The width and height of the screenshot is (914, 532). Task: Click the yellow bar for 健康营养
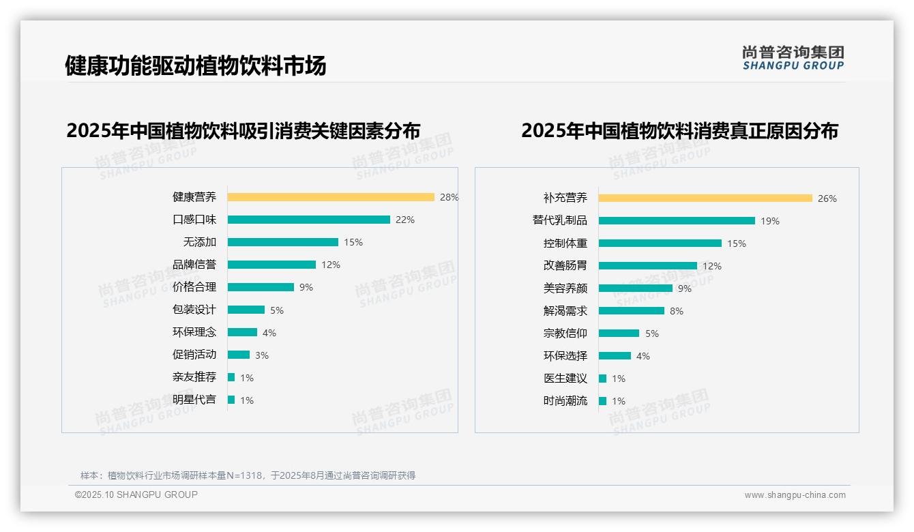pos(331,197)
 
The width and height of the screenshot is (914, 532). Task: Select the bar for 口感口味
pos(308,220)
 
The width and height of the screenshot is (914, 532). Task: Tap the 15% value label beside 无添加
pos(353,242)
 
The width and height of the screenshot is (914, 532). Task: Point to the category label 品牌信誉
pos(194,265)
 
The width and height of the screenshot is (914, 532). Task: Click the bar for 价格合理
pos(261,287)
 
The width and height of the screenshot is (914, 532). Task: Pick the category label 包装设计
pos(194,310)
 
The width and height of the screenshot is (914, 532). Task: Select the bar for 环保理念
pos(242,332)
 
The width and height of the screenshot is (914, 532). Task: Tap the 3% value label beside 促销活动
pos(262,355)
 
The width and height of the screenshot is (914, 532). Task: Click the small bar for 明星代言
pos(231,400)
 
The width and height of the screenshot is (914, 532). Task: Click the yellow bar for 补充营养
pos(705,198)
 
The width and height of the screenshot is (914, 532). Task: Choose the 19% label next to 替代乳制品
pos(770,221)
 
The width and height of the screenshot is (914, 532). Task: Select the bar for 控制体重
pos(660,243)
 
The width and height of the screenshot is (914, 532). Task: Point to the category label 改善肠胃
pos(565,266)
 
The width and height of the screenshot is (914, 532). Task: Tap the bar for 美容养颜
pos(635,289)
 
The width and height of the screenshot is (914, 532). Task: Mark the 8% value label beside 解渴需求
pos(677,311)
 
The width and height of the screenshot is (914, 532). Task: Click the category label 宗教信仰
pos(565,334)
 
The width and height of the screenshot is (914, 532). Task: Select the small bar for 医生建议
pos(602,379)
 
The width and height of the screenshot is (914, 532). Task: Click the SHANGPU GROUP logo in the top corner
pos(793,58)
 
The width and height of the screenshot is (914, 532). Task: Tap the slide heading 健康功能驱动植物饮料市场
pos(196,65)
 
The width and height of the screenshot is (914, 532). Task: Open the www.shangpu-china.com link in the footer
pos(795,495)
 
